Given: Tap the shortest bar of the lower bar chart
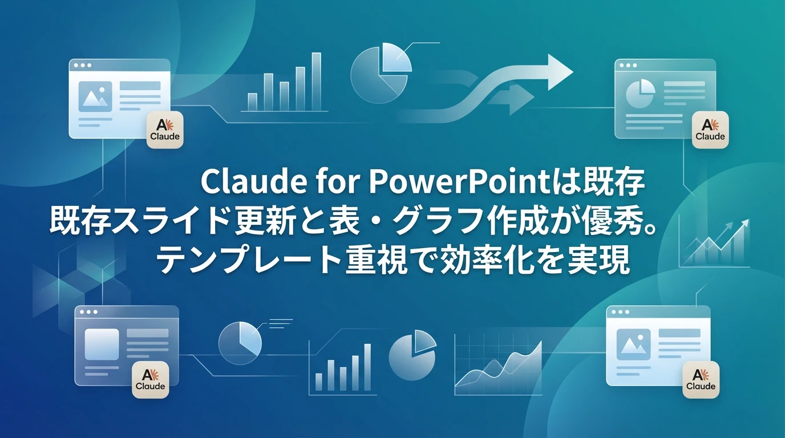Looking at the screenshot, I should (x=319, y=381).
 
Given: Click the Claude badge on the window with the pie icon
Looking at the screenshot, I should (x=710, y=130).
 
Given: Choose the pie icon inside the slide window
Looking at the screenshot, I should (x=640, y=93).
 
